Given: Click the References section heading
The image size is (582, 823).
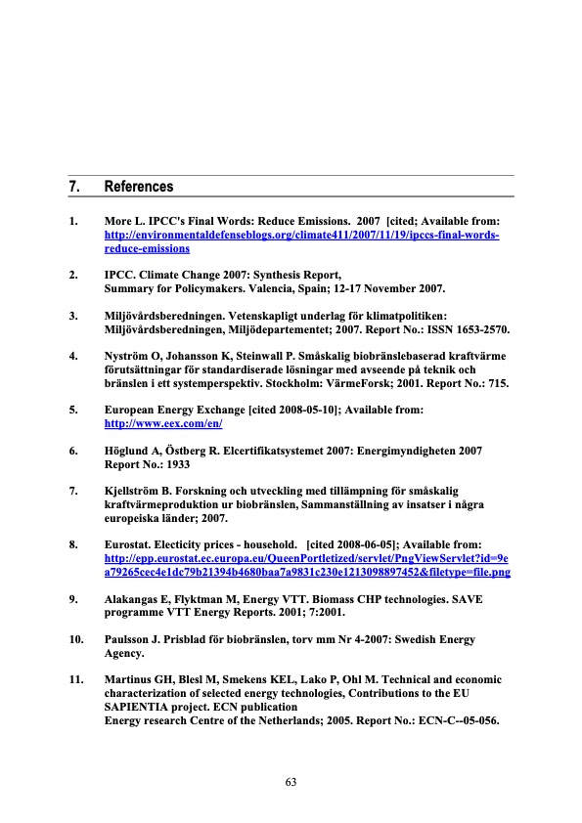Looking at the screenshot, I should [x=139, y=187].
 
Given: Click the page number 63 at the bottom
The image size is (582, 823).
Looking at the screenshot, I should [x=291, y=781].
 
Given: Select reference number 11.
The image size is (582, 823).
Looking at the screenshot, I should [x=76, y=678].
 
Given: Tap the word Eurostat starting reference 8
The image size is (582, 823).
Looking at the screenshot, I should [x=130, y=541].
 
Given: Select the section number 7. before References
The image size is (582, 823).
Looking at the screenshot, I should [x=74, y=187].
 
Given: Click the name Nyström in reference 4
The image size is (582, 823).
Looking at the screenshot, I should [x=129, y=358].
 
